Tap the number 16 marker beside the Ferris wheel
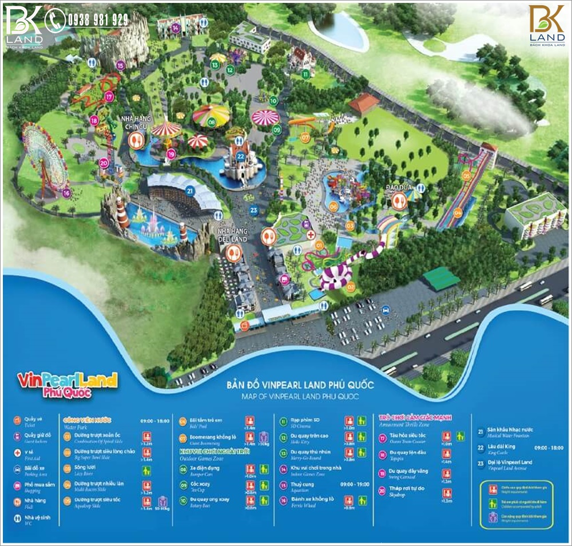tap(67, 193)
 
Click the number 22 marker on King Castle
tap(241, 155)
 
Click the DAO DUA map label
tap(396, 188)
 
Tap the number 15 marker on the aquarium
tap(120, 65)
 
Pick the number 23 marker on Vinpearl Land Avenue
tap(254, 210)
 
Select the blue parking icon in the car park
tap(386, 310)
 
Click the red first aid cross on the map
tap(310, 235)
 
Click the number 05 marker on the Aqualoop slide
tap(466, 176)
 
